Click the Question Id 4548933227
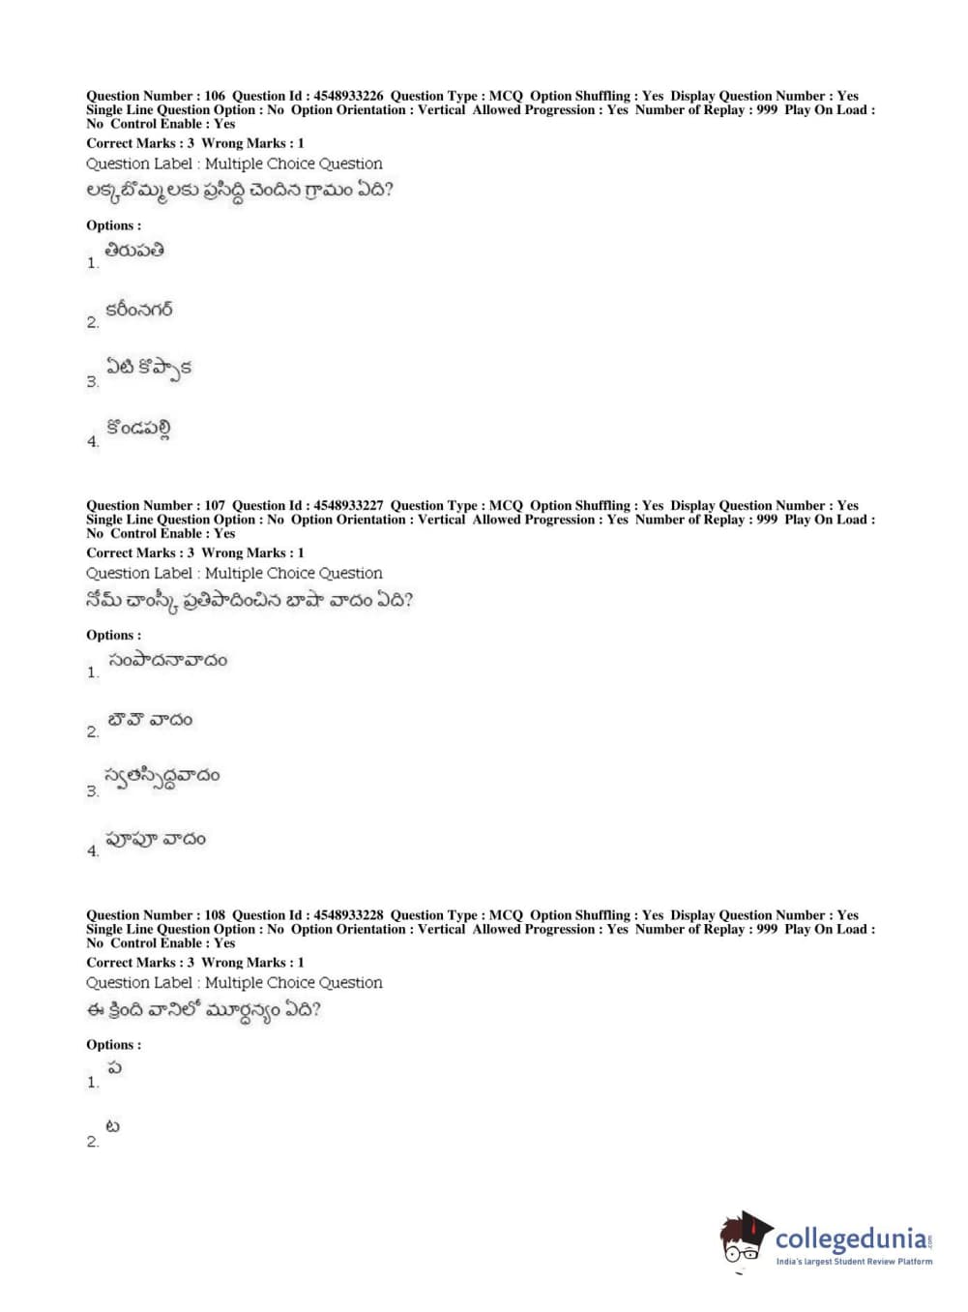[x=348, y=505]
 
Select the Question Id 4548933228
[x=348, y=914]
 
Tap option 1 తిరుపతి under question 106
[x=134, y=251]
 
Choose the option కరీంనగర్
[x=139, y=311]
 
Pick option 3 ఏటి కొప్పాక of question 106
[x=149, y=368]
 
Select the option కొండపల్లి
[x=138, y=429]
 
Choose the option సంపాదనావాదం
[x=167, y=660]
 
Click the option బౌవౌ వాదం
[x=150, y=720]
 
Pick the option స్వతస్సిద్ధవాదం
[x=161, y=777]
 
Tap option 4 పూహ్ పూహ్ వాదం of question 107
[x=156, y=839]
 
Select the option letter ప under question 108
[x=114, y=1068]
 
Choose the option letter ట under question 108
[x=113, y=1127]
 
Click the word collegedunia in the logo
[x=850, y=1238]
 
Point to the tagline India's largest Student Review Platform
[x=854, y=1262]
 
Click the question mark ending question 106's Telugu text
[x=388, y=190]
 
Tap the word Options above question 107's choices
[x=112, y=635]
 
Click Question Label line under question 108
[x=234, y=983]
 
